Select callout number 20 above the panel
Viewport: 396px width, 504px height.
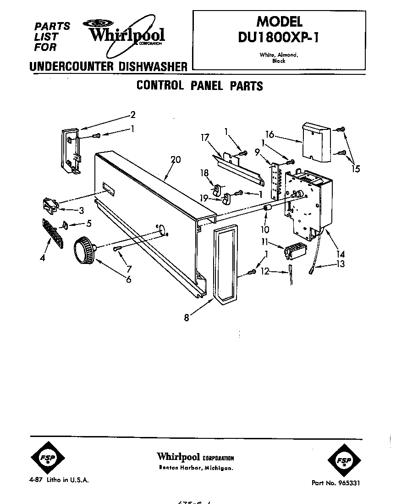(175, 160)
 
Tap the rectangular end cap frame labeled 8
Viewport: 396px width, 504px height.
(225, 265)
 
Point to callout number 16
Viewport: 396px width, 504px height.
(269, 134)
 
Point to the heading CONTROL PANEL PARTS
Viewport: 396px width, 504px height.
(200, 86)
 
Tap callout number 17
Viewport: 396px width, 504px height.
(205, 137)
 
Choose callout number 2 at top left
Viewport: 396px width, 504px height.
(133, 114)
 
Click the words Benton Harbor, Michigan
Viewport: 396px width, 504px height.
(196, 468)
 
